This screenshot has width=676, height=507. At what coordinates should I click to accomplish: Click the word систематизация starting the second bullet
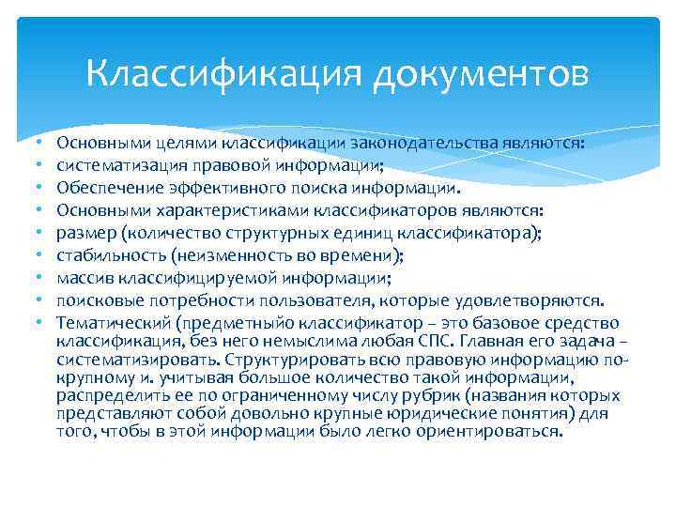[x=113, y=162]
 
